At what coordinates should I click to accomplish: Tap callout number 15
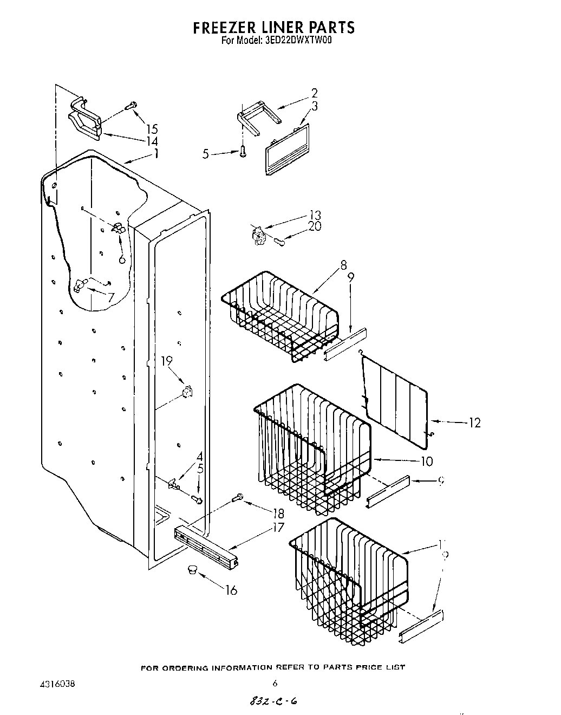(x=152, y=129)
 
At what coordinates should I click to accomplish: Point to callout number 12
(x=474, y=422)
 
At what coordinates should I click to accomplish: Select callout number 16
(x=231, y=590)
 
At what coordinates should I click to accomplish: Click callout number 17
(x=263, y=527)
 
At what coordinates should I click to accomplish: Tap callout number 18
(x=278, y=513)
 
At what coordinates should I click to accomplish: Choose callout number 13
(x=315, y=214)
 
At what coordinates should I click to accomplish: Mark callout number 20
(x=314, y=226)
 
